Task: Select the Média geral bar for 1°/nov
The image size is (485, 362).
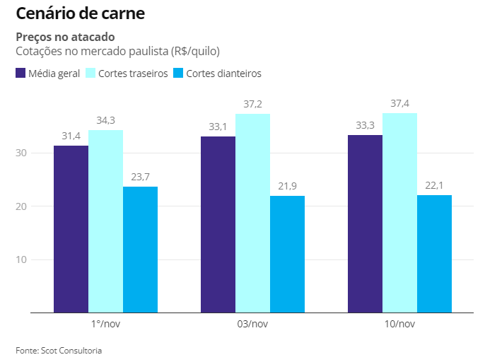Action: coord(71,228)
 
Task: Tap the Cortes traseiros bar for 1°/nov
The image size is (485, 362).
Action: coord(105,221)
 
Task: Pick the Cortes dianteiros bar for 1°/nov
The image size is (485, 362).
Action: coord(140,249)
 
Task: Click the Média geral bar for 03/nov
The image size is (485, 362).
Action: coord(218,224)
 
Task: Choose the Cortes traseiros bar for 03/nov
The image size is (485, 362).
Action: coord(252,213)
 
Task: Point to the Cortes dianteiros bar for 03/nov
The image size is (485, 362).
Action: coord(287,254)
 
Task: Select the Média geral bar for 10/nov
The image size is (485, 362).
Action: coord(365,223)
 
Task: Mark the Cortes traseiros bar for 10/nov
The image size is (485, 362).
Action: coord(399,212)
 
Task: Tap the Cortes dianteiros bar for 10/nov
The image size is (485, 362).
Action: coord(434,253)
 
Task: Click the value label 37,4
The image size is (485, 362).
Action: coord(399,104)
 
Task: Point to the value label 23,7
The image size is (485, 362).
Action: coord(140,177)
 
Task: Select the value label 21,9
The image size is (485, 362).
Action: coord(287,186)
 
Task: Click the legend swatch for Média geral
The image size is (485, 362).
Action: coord(21,73)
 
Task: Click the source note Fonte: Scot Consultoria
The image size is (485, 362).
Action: coord(59,350)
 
